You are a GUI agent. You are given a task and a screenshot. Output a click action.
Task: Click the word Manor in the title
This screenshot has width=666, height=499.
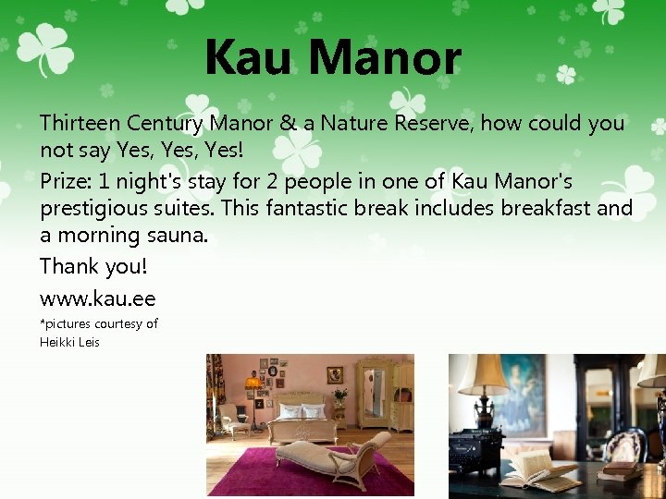click(385, 57)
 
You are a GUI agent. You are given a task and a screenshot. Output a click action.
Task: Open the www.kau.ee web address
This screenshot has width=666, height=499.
click(97, 298)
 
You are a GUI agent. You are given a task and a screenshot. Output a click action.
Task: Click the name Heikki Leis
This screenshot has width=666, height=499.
click(69, 342)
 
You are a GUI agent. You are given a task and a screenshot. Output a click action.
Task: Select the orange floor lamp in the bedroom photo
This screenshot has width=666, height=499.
click(252, 386)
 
